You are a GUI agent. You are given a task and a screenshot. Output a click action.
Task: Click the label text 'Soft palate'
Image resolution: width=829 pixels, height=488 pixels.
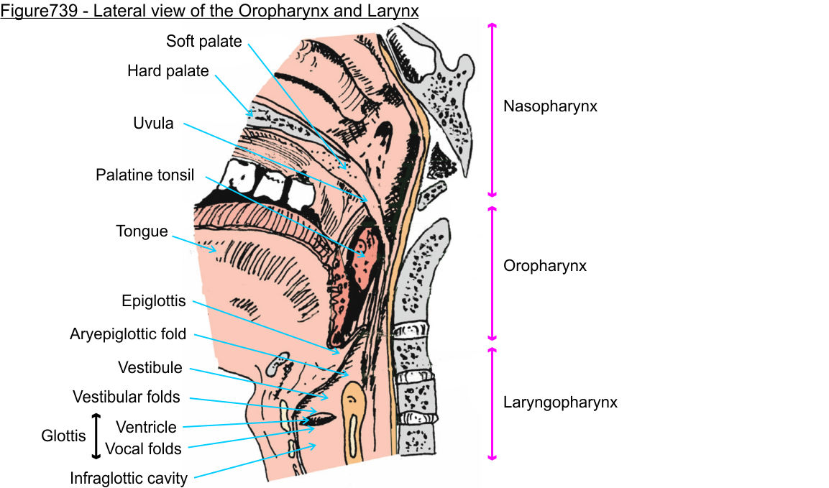click(203, 42)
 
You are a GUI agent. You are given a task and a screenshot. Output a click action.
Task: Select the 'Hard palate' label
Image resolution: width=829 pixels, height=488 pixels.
click(168, 71)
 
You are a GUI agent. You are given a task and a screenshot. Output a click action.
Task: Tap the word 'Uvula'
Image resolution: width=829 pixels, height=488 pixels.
click(153, 124)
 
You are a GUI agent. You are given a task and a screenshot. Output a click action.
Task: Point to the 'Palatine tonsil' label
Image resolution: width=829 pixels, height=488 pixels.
click(145, 175)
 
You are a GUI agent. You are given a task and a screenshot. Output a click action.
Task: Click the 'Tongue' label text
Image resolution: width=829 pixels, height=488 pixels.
click(142, 231)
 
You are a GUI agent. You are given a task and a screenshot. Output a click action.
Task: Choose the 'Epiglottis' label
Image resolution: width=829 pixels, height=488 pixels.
click(154, 302)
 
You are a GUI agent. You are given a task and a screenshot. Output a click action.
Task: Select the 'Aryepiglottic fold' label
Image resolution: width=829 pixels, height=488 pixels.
click(128, 334)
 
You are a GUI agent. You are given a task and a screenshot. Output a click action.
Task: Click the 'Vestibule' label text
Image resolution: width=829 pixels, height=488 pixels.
click(150, 368)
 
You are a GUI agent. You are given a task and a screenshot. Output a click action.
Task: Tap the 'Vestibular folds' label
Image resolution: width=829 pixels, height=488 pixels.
click(126, 397)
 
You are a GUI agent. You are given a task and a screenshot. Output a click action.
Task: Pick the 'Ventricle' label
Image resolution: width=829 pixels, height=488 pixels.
click(146, 428)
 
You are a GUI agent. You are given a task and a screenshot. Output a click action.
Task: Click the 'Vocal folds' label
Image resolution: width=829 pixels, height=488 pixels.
click(143, 449)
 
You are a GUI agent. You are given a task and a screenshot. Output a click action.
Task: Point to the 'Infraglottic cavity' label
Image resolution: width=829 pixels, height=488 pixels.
click(128, 479)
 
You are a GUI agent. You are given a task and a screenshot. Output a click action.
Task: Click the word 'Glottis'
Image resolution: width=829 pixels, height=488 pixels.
click(63, 436)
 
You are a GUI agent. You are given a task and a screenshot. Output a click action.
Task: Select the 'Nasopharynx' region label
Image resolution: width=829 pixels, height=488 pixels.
click(550, 107)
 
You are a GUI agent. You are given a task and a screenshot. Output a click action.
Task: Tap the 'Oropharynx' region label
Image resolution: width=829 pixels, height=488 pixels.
click(544, 266)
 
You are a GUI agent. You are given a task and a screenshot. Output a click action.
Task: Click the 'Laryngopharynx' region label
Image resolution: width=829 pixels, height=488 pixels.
click(560, 402)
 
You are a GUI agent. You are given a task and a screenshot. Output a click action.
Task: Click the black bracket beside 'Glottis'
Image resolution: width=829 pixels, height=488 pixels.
click(96, 436)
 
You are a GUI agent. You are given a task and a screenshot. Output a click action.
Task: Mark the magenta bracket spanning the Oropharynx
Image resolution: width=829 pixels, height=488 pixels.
click(493, 273)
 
